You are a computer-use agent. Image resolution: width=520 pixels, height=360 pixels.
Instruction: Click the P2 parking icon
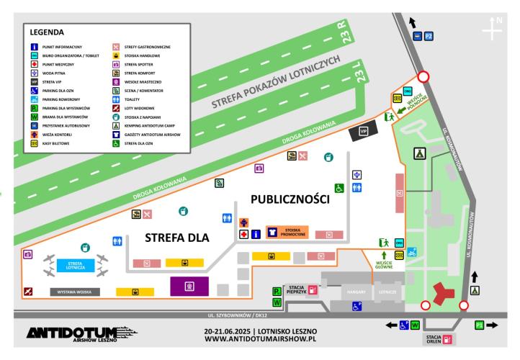click(428, 35)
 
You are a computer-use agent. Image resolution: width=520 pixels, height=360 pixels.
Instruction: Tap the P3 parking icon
click(480, 325)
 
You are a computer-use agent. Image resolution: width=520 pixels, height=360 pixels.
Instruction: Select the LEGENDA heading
click(47, 32)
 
